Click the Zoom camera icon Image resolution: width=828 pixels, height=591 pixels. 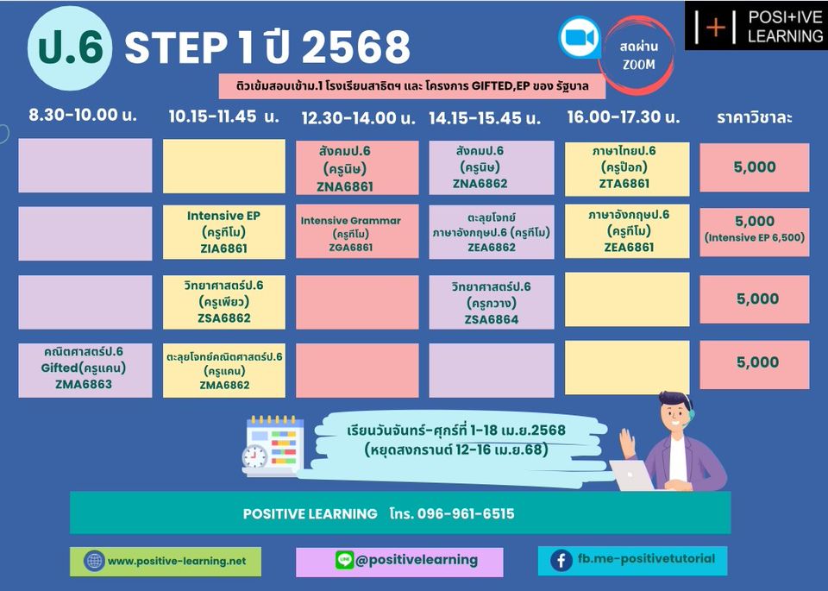coord(580,37)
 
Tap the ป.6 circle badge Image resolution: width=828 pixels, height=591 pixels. coord(70,48)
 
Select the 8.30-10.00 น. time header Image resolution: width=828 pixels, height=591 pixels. coord(83,115)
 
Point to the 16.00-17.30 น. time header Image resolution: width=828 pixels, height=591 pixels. coord(623,116)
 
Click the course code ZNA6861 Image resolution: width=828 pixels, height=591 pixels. coord(345,186)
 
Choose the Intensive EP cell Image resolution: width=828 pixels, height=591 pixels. coord(224,232)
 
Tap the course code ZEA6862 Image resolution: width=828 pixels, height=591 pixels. coord(492,247)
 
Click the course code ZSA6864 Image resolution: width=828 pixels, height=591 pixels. coord(492,319)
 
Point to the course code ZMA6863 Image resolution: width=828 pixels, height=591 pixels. coord(84,384)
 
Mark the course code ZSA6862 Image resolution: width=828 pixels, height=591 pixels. coord(224,318)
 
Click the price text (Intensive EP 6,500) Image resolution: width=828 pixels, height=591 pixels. coord(755,237)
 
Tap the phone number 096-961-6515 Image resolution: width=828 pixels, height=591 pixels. coord(465,513)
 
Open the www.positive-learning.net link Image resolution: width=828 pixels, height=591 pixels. coord(177,561)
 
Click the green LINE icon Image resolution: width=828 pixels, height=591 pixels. coord(344,560)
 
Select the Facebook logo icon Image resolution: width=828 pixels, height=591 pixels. coord(561,560)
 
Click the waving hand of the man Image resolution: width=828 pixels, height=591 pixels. coord(627,443)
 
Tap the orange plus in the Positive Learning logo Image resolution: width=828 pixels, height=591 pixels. coord(716,27)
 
